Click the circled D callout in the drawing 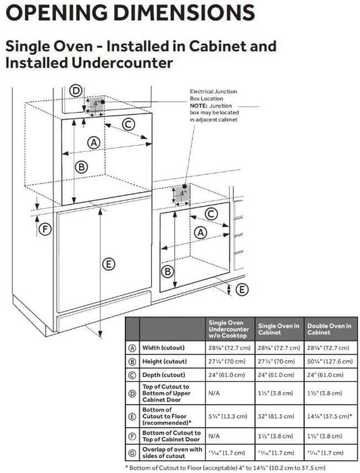click(76, 91)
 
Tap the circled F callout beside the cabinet click(45, 230)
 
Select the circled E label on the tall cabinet click(109, 264)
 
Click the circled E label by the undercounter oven click(242, 290)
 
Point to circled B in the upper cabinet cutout click(82, 167)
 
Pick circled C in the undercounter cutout click(211, 214)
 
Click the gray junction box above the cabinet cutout click(96, 104)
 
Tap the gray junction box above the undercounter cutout click(182, 193)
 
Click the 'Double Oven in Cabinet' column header click(329, 329)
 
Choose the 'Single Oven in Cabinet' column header click(279, 329)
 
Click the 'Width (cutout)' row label click(163, 348)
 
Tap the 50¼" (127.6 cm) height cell click(330, 362)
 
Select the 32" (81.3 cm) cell click(276, 416)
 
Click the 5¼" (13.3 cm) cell click(228, 416)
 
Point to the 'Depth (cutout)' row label click(163, 375)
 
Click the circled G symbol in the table click(132, 453)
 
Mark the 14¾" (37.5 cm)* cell click(329, 416)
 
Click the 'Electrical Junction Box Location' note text click(213, 95)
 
